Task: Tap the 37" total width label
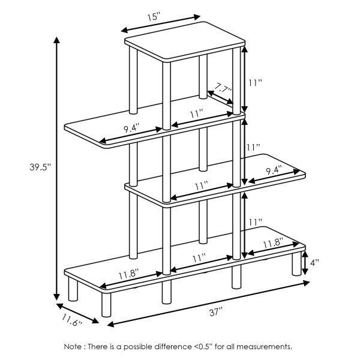[x=216, y=311]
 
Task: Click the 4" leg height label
[x=314, y=262]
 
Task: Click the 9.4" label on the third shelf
[x=273, y=170]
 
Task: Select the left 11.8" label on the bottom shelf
[x=128, y=274]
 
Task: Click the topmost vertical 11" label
[x=256, y=83]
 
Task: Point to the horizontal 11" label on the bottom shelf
[x=199, y=257]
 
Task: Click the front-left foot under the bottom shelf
[x=73, y=290]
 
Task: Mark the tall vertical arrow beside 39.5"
[x=56, y=168]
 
